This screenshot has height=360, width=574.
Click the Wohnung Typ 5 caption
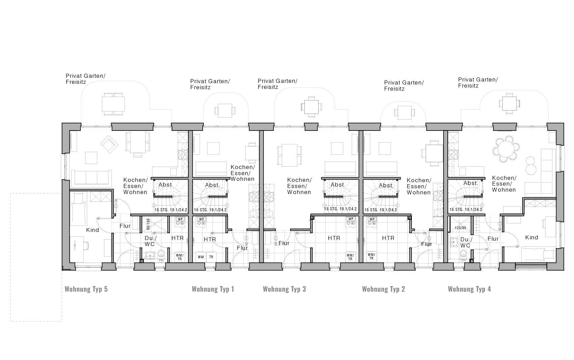click(x=86, y=289)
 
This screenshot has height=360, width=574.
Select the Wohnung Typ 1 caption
click(x=213, y=289)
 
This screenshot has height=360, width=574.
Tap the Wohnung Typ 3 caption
click(x=284, y=289)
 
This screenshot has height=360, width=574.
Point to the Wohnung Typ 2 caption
click(x=383, y=289)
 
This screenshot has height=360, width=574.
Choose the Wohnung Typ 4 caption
click(x=469, y=289)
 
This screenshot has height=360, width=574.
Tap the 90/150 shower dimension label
click(x=148, y=224)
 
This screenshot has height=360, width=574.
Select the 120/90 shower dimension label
click(x=460, y=228)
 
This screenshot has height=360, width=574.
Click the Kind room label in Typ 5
click(x=92, y=230)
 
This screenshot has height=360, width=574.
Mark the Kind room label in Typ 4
click(x=531, y=237)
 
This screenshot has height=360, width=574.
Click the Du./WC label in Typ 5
click(x=150, y=241)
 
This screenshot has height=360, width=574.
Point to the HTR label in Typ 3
click(x=334, y=238)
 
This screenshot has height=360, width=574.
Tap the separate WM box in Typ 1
click(x=201, y=257)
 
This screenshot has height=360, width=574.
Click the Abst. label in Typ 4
click(x=470, y=183)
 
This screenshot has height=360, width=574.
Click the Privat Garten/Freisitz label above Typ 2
click(x=404, y=86)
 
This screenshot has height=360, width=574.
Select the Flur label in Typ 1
click(x=242, y=248)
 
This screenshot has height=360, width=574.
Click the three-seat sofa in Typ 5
click(x=91, y=177)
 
